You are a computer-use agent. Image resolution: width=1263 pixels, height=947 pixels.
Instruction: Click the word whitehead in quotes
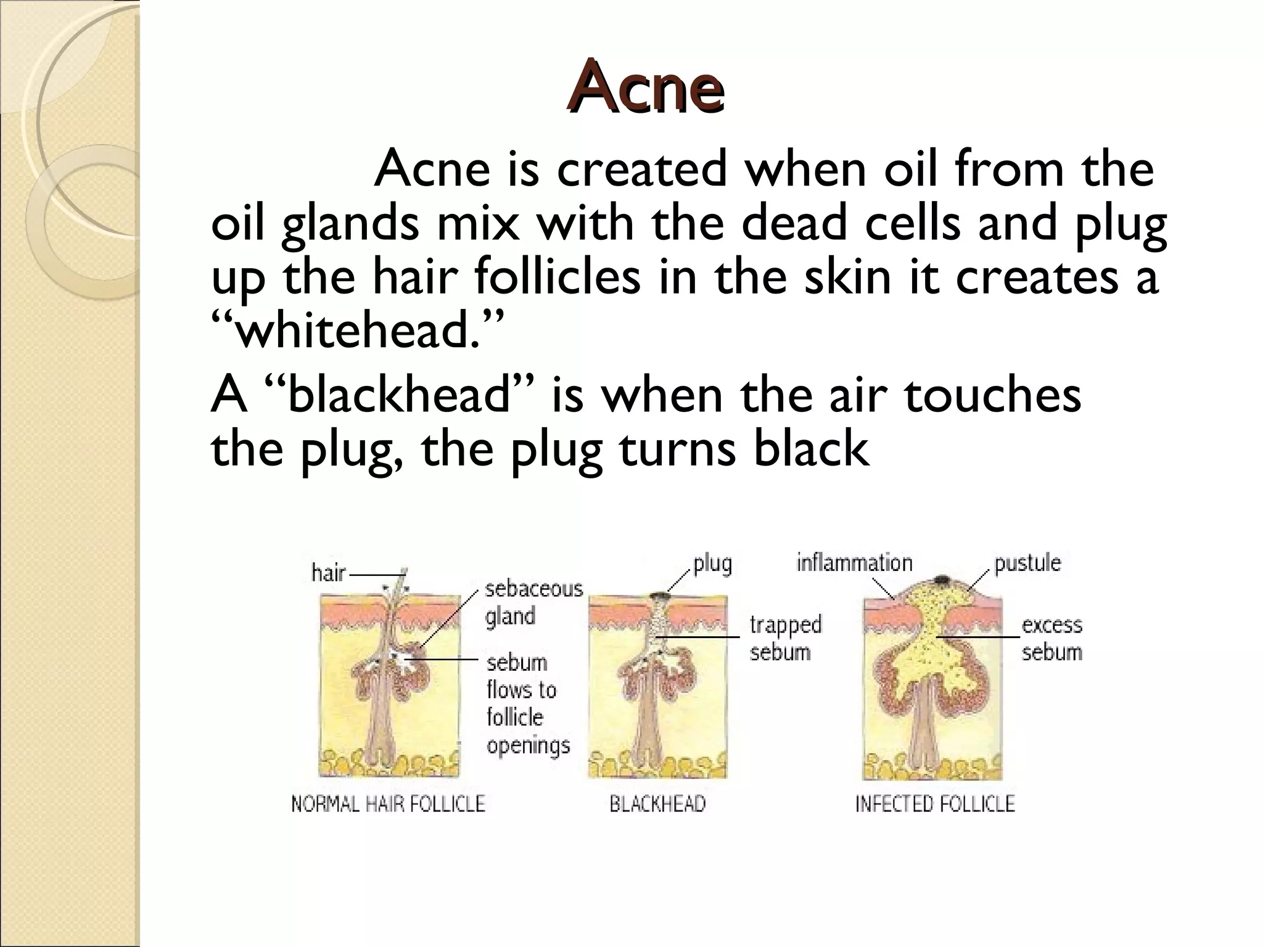click(x=358, y=329)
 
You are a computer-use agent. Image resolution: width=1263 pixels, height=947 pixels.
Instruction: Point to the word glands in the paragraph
click(x=350, y=225)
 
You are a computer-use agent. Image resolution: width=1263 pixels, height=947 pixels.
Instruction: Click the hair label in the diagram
click(x=328, y=573)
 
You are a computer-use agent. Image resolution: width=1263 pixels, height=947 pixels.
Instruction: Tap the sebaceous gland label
click(x=533, y=602)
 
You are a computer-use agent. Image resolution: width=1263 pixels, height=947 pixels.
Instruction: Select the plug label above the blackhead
click(x=712, y=564)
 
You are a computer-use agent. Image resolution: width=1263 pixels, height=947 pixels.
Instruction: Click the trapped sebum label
click(x=785, y=638)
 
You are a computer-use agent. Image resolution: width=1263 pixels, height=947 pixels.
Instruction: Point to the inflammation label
click(x=854, y=563)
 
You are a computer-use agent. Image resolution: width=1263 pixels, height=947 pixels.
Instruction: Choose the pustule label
click(x=1027, y=563)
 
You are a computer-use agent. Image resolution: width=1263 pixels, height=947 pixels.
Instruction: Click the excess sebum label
click(x=1051, y=638)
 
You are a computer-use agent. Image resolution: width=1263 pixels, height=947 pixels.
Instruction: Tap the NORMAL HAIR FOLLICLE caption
click(x=388, y=804)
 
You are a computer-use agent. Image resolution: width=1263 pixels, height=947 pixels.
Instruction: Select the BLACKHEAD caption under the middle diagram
click(x=657, y=804)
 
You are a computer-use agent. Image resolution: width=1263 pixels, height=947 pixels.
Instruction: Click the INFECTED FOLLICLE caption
click(x=934, y=804)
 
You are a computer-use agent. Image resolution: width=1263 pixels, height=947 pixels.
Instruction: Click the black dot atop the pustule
click(x=942, y=580)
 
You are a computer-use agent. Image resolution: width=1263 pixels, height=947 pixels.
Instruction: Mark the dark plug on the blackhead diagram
click(x=659, y=596)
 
